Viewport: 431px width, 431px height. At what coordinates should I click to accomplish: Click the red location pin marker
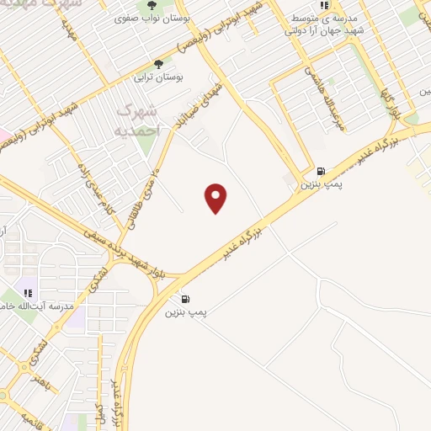coord(216,198)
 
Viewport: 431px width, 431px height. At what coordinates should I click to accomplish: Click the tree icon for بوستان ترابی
coord(159,64)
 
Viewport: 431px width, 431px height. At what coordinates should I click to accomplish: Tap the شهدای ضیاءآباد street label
coord(200,104)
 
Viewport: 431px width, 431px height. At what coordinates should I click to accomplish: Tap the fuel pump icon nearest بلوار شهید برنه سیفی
coord(185,298)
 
